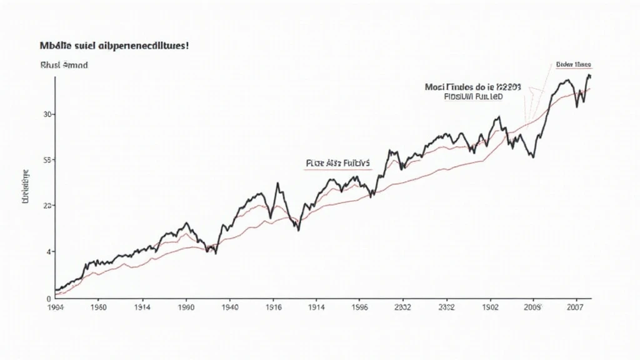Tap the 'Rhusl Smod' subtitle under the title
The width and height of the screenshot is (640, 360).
point(64,64)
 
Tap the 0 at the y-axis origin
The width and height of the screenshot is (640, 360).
point(50,298)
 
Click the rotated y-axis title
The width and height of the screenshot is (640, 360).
point(26,187)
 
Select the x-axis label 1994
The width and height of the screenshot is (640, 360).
point(56,307)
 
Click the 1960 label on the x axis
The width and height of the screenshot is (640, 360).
point(99,307)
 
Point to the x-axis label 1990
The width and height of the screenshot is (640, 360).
point(186,307)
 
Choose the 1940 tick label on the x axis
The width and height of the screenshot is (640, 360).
point(229,307)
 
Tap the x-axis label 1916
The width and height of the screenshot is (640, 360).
point(273,307)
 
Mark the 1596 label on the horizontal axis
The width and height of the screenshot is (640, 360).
point(359,307)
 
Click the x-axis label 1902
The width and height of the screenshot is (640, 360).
point(489,307)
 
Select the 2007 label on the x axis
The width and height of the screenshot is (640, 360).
point(575,307)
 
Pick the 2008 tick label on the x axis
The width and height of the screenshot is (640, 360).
point(533,307)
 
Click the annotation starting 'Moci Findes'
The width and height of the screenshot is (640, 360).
point(472,88)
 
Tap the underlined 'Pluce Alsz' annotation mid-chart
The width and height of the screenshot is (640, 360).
point(338,164)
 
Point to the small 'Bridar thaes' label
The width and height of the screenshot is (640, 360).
point(572,64)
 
